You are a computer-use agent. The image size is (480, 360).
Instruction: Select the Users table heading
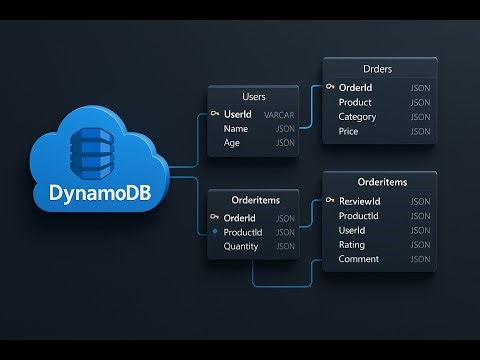[252, 97]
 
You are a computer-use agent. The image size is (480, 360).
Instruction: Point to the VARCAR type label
[279, 115]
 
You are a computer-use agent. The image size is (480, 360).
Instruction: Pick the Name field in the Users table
[237, 129]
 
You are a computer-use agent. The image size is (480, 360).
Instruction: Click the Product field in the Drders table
[356, 103]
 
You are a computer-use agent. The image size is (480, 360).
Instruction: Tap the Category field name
[358, 117]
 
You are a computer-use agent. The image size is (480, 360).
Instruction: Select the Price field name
[349, 131]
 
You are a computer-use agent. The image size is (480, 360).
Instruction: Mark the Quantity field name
[241, 247]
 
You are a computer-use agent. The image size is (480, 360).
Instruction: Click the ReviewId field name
[359, 201]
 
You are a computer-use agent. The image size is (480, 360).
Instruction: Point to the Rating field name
[353, 245]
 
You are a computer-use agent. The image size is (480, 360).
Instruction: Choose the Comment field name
[359, 259]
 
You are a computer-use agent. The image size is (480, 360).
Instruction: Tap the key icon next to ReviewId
[329, 201]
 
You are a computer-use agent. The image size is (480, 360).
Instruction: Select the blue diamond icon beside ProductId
[213, 233]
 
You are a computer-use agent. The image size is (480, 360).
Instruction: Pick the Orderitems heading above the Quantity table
[252, 199]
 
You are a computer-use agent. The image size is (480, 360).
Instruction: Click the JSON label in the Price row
[419, 131]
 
